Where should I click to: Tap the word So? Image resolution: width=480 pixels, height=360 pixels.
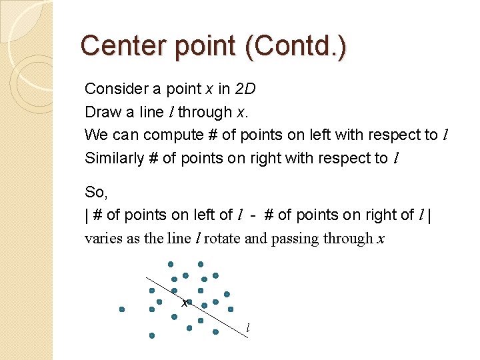pyautogui.click(x=96, y=193)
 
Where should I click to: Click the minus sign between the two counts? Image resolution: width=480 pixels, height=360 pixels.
pyautogui.click(x=255, y=215)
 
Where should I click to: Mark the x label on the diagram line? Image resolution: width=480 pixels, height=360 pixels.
pyautogui.click(x=185, y=303)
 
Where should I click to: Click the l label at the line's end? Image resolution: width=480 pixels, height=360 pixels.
pyautogui.click(x=247, y=328)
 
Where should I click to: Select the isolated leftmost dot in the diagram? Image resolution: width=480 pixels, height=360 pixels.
pyautogui.click(x=122, y=309)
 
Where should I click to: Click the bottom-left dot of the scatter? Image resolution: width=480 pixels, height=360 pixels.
pyautogui.click(x=152, y=335)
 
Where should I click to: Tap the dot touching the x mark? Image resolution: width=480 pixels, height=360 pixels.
pyautogui.click(x=190, y=299)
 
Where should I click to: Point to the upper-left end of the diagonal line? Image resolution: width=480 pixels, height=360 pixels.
pyautogui.click(x=147, y=277)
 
